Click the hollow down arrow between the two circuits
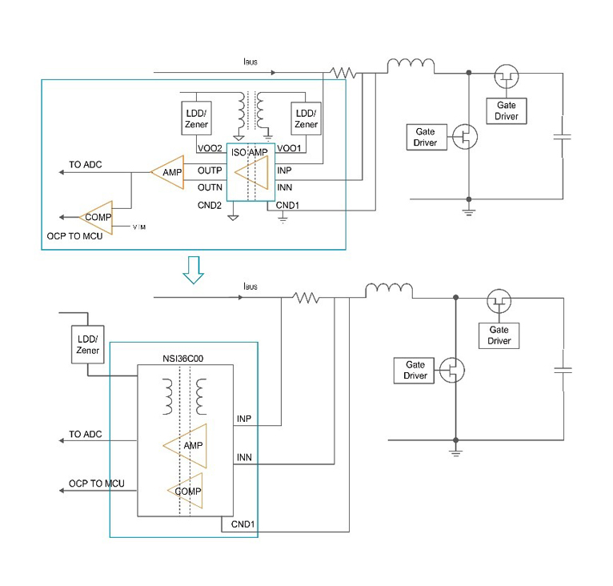(x=193, y=271)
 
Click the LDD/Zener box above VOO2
(x=198, y=119)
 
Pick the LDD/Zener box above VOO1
(x=306, y=119)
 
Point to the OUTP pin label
(x=210, y=171)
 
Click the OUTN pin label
(x=210, y=187)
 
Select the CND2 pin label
(x=210, y=205)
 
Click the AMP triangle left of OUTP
(x=170, y=171)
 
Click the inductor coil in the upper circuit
(x=411, y=65)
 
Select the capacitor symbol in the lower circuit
(x=564, y=370)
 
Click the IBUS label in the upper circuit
(x=250, y=62)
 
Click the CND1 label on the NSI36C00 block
(x=243, y=525)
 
